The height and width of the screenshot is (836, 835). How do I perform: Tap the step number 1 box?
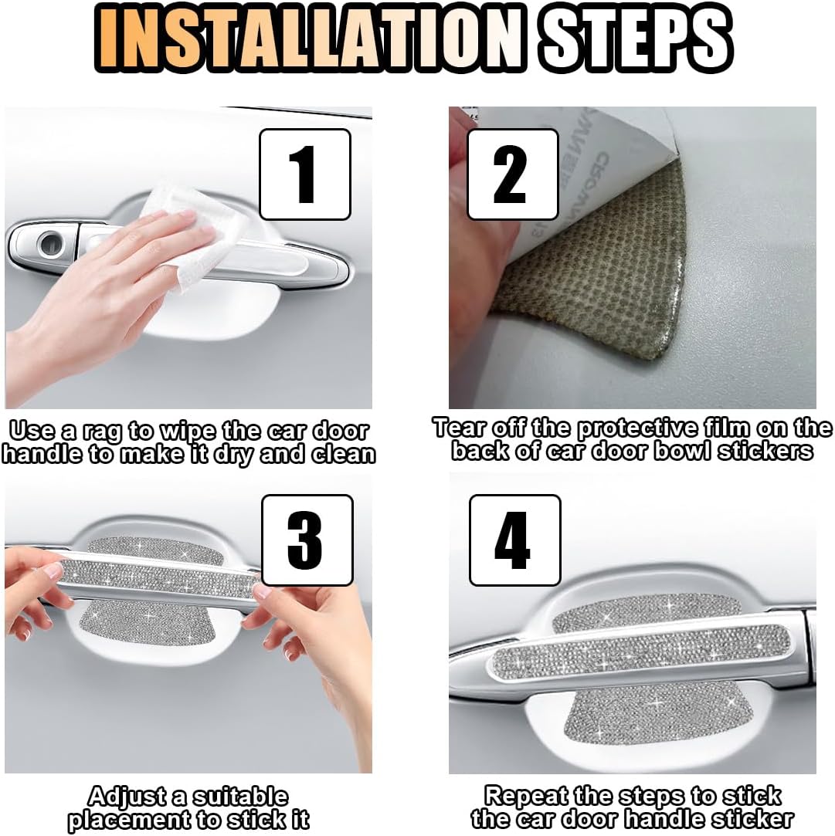pyautogui.click(x=305, y=174)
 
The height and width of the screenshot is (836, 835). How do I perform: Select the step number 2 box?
pyautogui.click(x=513, y=174)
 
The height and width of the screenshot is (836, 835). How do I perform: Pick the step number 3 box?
pyautogui.click(x=307, y=540)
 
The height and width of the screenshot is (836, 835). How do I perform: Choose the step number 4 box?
pyautogui.click(x=515, y=540)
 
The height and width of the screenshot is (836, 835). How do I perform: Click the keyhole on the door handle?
pyautogui.click(x=51, y=243)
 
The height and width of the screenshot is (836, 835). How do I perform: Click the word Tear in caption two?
pyautogui.click(x=460, y=428)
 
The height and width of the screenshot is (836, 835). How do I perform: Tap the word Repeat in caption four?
pyautogui.click(x=529, y=797)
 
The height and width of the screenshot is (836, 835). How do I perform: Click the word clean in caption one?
pyautogui.click(x=344, y=455)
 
